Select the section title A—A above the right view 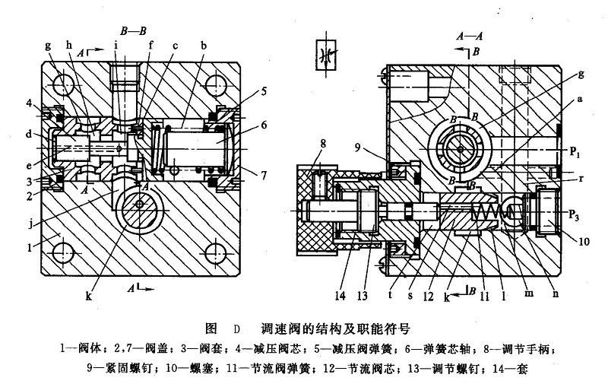tap(470, 35)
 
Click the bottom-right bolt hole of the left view tap(215, 248)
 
